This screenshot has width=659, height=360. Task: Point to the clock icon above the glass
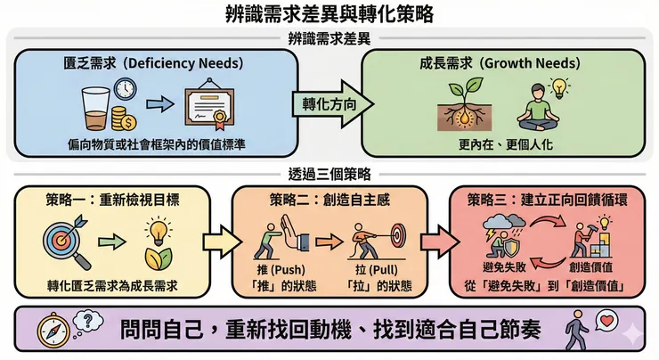125,89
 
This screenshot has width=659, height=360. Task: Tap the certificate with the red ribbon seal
213,109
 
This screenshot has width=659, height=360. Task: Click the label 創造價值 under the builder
593,268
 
